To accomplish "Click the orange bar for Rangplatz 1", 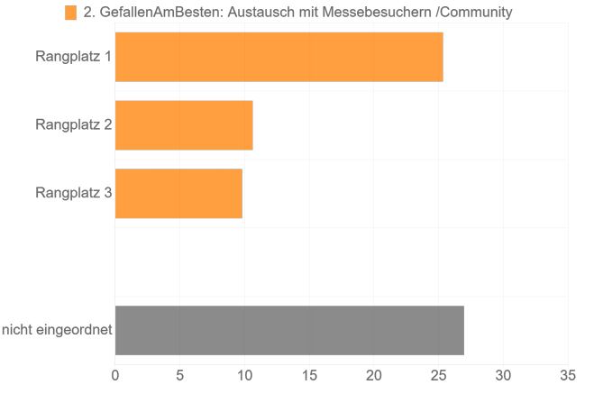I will [279, 57].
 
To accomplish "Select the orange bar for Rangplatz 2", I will [184, 124].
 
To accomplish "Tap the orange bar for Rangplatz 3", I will [178, 193].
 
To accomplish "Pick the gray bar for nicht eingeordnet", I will [289, 330].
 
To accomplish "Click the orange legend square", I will [70, 13].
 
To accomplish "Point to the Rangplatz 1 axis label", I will [73, 57].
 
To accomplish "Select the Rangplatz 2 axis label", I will [73, 124].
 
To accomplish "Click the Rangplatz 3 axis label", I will [73, 193].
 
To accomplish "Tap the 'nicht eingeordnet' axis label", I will [57, 330].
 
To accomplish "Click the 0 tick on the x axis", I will [115, 374].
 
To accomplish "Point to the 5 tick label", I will [180, 374].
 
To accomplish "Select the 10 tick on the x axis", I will [244, 374].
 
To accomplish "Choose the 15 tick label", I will [309, 374].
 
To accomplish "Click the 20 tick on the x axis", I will [374, 374].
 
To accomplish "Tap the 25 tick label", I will [438, 374].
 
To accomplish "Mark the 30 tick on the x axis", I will [503, 374].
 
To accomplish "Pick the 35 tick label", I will [567, 374].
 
